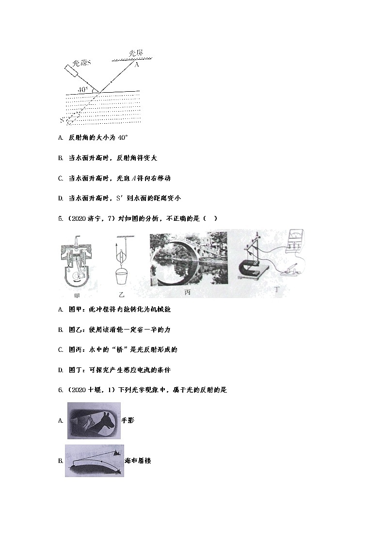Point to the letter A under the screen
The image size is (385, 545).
coord(136,65)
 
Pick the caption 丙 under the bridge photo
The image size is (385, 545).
coord(187,292)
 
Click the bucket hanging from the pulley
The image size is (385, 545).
coord(121,277)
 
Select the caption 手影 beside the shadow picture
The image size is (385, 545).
coord(128,420)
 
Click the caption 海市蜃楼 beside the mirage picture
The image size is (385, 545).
coord(138,460)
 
